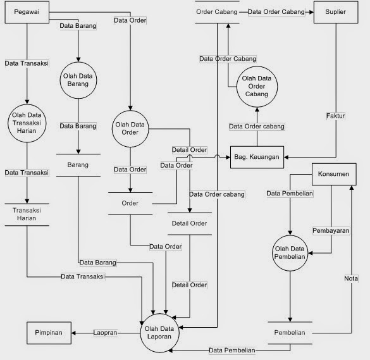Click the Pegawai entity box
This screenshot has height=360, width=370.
tap(26, 13)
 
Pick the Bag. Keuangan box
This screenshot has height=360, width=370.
tap(257, 155)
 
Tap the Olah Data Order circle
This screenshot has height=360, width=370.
tap(130, 128)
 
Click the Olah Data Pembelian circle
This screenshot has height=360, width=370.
tap(290, 252)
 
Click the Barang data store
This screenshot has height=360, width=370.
tap(78, 164)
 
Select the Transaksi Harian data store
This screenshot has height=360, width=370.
tap(27, 214)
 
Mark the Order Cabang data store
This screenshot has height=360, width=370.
tap(217, 12)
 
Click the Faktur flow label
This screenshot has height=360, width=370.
tap(336, 116)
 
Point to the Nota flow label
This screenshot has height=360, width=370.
tap(351, 278)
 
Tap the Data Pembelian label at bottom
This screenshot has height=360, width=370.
tap(232, 350)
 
